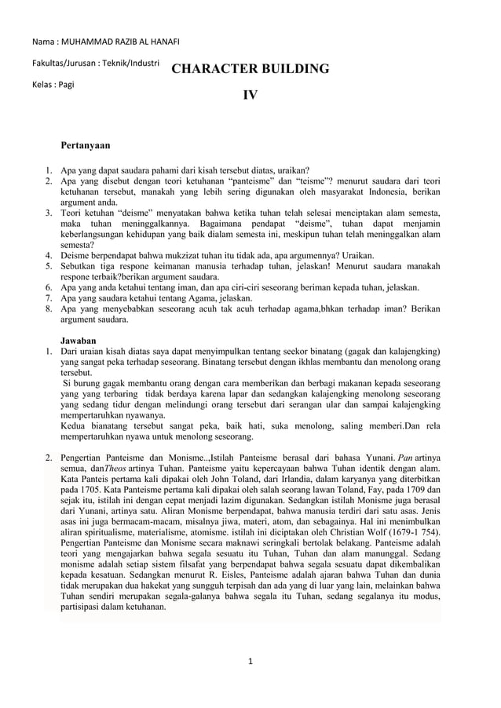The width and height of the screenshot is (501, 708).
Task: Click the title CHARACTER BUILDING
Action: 251,69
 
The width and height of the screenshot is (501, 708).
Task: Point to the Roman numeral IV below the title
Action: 250,96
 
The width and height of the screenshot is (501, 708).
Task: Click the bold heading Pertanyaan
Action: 86,145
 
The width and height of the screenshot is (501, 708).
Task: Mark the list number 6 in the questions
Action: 49,287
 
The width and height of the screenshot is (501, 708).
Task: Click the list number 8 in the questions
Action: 49,309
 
